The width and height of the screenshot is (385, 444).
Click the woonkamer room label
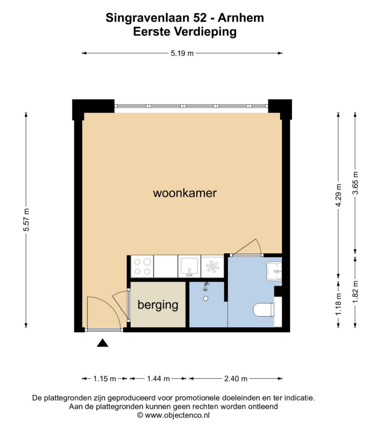click(184, 193)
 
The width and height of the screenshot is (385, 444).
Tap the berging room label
click(158, 305)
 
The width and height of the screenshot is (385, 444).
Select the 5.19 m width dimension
click(182, 53)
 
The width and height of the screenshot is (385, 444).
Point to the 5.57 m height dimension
click(26, 220)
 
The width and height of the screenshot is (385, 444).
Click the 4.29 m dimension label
click(338, 195)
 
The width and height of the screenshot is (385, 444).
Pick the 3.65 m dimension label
click(355, 183)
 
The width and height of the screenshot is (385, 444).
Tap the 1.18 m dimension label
click(338, 304)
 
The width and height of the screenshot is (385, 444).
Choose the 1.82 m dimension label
click(355, 291)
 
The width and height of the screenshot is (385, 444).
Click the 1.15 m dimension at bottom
click(104, 379)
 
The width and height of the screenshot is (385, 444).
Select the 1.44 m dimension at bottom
click(158, 379)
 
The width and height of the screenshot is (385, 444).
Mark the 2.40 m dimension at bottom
click(236, 379)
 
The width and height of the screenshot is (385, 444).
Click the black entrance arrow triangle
click(102, 343)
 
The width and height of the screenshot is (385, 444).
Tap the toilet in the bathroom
click(264, 310)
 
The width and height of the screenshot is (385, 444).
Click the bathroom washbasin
click(274, 271)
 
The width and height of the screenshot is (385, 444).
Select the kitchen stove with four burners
click(142, 266)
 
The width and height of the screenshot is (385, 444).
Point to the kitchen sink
click(189, 266)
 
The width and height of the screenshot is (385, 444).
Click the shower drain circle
click(206, 299)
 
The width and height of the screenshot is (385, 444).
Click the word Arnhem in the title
click(241, 18)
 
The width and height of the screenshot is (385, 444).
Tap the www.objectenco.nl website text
click(177, 415)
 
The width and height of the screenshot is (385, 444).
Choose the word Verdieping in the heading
click(206, 32)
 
